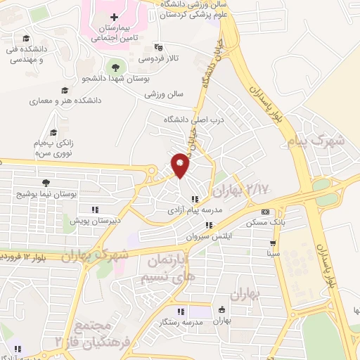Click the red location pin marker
pyautogui.click(x=180, y=165)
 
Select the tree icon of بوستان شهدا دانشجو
pyautogui.click(x=114, y=67)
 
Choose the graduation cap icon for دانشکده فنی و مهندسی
pyautogui.click(x=26, y=39)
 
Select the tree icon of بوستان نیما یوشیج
pyautogui.click(x=46, y=182)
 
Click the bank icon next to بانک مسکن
pyautogui.click(x=264, y=212)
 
